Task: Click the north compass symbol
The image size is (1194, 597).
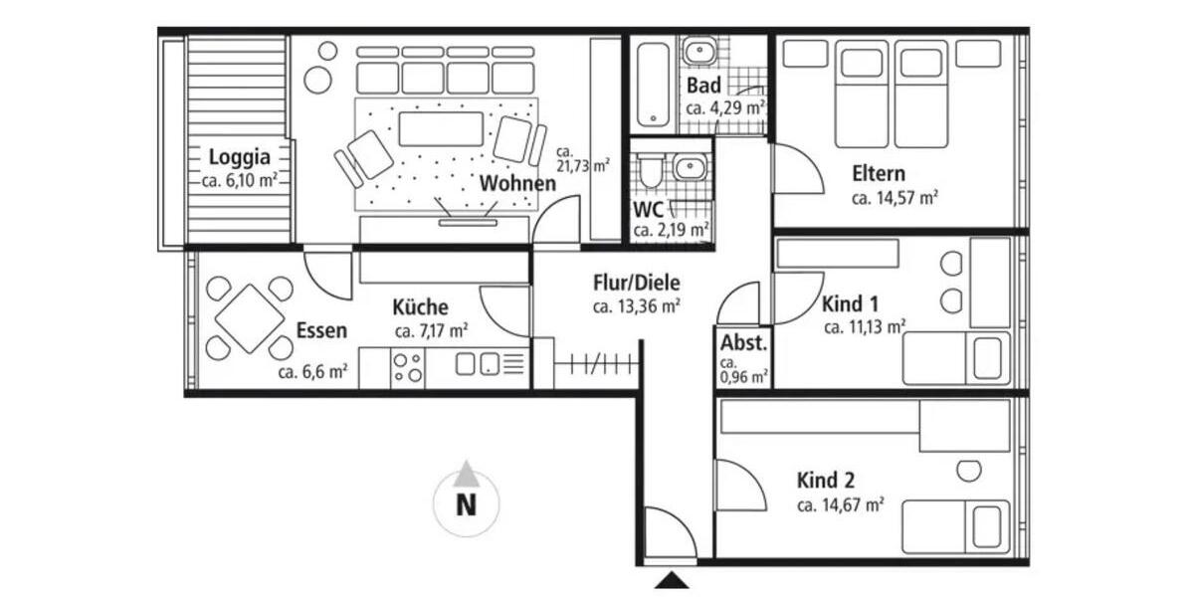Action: point(465,499)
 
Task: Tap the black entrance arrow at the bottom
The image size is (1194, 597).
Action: point(674,580)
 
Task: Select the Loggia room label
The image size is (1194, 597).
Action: point(239,157)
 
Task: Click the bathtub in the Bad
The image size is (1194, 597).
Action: point(652,85)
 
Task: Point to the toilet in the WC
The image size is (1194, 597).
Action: point(649,170)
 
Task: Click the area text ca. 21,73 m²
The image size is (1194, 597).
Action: point(583,159)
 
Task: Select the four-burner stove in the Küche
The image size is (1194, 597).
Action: point(407,367)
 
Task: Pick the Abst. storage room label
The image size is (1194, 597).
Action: point(744,343)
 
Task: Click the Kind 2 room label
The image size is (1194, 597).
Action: point(826,481)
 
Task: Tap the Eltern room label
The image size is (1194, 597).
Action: point(879,174)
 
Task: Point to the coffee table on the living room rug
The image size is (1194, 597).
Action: point(440,128)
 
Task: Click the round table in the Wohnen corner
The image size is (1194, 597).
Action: point(318,79)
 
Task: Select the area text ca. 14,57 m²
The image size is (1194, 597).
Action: point(895,198)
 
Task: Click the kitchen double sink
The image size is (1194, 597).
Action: point(477,365)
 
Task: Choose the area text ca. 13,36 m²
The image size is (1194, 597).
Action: point(636,306)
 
